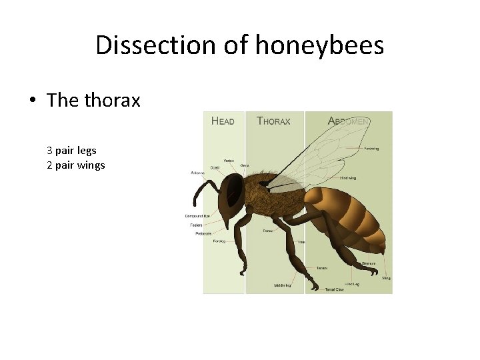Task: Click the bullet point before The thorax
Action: [x=33, y=101]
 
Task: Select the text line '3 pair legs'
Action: [x=71, y=151]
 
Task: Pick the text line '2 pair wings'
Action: [x=75, y=165]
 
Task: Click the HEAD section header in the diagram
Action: [x=223, y=121]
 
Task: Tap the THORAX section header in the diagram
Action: [x=273, y=121]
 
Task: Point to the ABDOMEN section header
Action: [x=349, y=121]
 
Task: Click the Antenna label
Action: [x=197, y=173]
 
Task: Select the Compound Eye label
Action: [x=198, y=216]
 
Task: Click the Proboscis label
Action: [x=203, y=233]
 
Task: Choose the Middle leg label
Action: [x=283, y=285]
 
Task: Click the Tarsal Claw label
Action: [x=335, y=290]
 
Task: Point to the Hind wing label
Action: [x=349, y=178]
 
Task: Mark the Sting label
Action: [x=386, y=277]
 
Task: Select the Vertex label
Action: [x=228, y=161]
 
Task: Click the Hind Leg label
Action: [x=353, y=283]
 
